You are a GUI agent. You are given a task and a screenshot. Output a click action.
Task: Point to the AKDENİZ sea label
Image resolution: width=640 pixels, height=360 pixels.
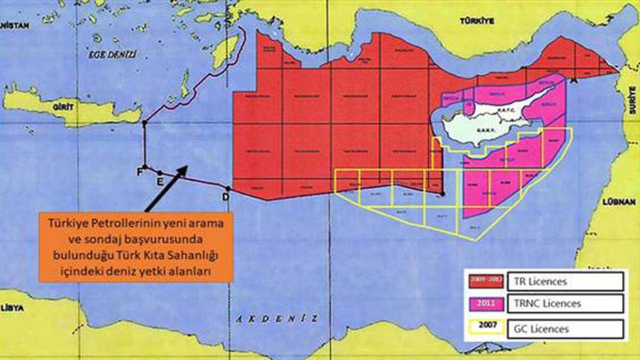(x=276, y=319)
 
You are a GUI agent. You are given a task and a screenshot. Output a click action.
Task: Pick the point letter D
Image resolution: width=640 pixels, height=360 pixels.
(x=226, y=197)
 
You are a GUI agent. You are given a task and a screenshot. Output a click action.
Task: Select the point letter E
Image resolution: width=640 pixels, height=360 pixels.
(x=159, y=181)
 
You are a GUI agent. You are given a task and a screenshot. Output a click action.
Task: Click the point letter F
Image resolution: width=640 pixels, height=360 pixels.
(x=140, y=172)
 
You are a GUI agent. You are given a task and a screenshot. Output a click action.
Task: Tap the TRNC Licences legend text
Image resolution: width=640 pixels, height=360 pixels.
(x=554, y=304)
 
